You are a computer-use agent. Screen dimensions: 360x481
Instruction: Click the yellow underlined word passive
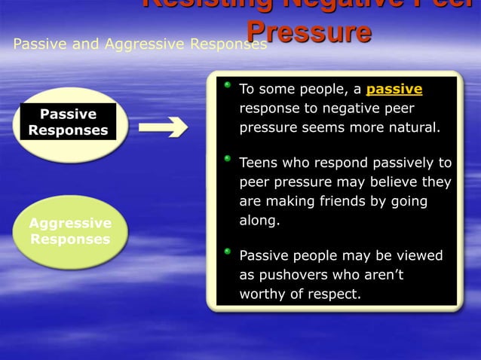pos(394,90)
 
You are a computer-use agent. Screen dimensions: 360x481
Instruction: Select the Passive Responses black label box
pos(69,122)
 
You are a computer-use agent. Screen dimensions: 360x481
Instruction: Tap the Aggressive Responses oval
pos(70,231)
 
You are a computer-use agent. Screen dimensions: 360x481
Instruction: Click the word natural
pos(412,127)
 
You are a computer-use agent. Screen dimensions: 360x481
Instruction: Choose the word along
pos(259,221)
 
